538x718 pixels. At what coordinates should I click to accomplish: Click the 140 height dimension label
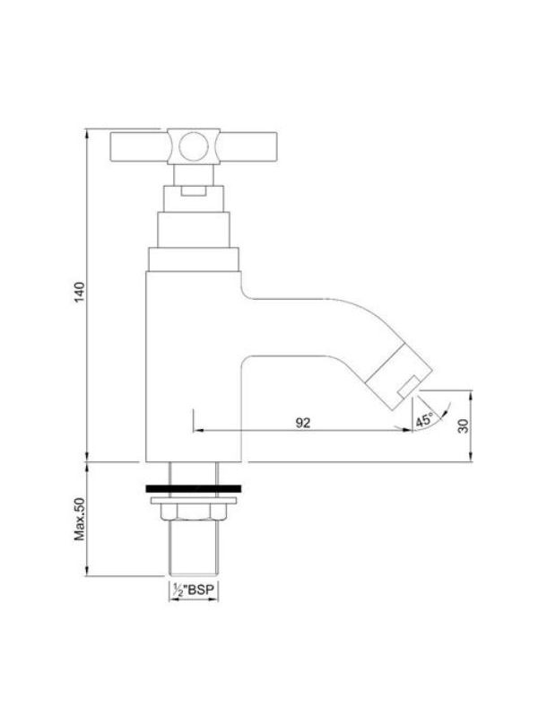[80, 293]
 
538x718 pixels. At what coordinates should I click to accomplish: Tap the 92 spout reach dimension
[302, 423]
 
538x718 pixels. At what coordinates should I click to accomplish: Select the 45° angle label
[424, 420]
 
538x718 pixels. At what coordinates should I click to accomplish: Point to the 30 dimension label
[464, 425]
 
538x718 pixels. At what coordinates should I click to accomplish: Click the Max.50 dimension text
[80, 519]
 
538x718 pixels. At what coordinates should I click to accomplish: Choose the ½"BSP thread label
[193, 590]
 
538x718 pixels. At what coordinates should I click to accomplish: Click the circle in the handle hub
[194, 146]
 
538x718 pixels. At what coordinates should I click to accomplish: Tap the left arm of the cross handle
[139, 147]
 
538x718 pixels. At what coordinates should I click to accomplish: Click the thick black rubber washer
[194, 488]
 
